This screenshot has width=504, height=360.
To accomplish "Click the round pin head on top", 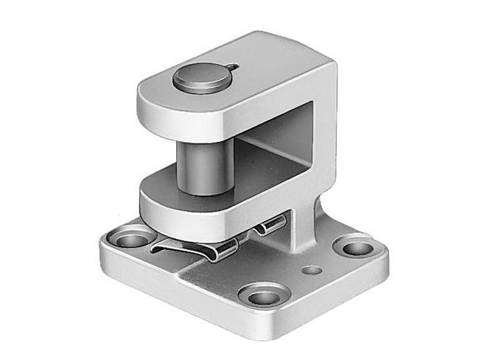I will tap(201, 78).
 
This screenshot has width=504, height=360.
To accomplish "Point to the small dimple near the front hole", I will tap(311, 271).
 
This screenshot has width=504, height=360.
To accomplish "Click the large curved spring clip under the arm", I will tap(194, 250).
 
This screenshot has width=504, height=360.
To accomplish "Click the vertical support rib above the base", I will tap(306, 216).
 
